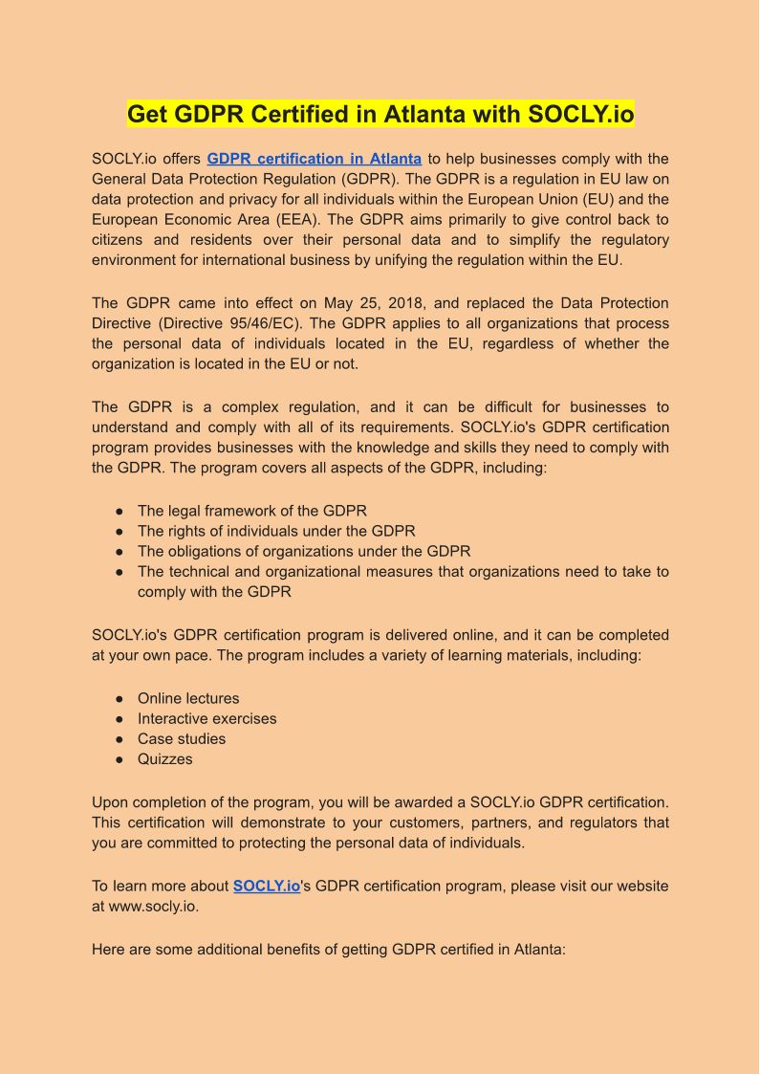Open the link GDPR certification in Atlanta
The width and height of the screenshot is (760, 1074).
[314, 159]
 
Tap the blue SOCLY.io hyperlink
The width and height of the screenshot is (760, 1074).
[267, 887]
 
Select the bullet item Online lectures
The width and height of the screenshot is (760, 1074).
[188, 698]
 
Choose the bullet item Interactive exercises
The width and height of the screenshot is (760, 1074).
[206, 718]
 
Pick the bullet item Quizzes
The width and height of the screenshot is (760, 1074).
[164, 758]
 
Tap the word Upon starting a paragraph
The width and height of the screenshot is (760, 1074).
[111, 802]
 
